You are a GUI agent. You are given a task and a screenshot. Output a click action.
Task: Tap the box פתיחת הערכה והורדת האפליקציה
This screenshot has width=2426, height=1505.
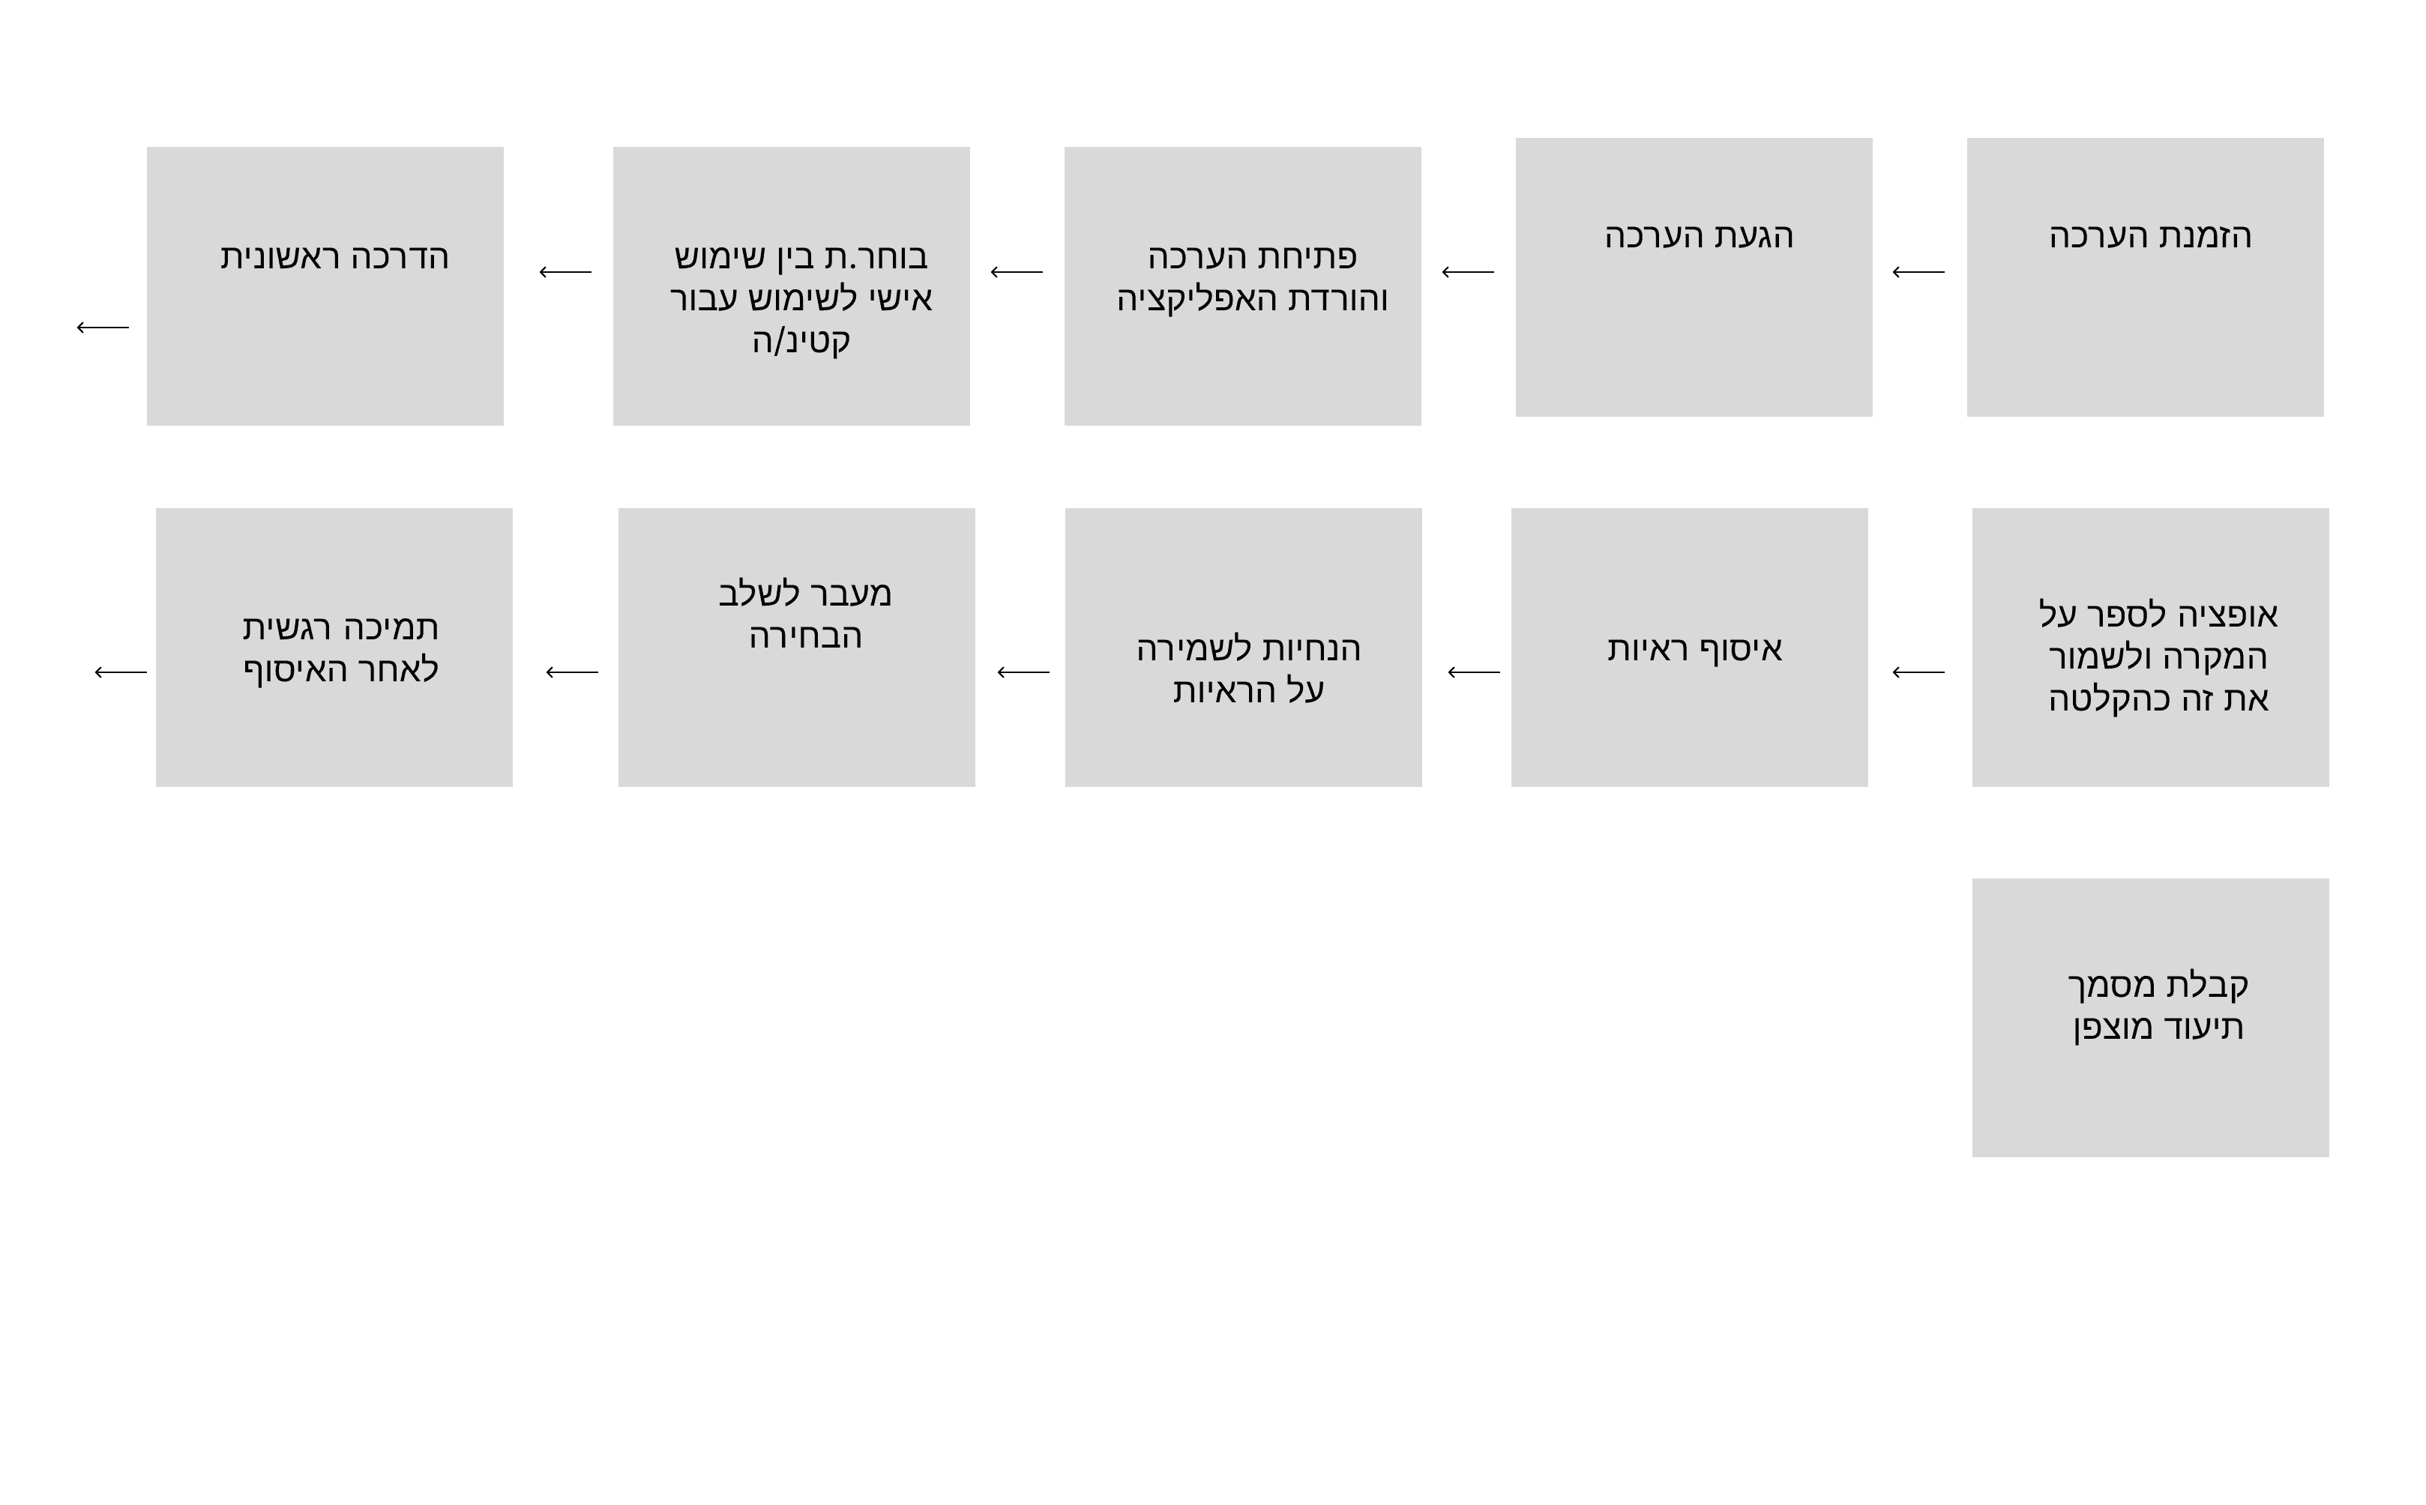click(x=1242, y=286)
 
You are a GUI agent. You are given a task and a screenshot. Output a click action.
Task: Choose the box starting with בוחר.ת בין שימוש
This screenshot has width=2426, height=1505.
click(x=792, y=286)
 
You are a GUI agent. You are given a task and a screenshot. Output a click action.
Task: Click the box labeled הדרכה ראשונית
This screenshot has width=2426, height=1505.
click(x=325, y=286)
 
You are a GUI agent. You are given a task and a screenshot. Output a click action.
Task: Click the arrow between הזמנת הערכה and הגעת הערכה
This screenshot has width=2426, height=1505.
click(x=1918, y=272)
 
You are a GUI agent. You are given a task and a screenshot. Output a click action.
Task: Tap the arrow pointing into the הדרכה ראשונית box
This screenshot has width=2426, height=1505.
click(x=565, y=272)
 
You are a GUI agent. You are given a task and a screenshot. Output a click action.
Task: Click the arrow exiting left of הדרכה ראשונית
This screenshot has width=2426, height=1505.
click(x=103, y=327)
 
